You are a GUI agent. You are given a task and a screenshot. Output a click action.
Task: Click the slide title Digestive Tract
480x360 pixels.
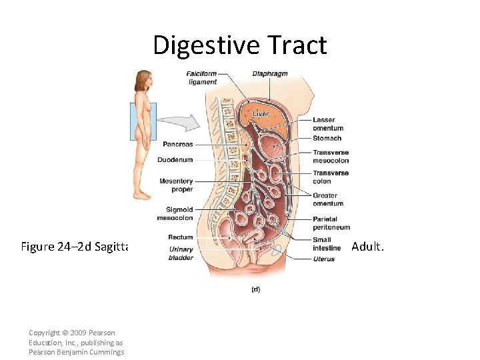[240, 45]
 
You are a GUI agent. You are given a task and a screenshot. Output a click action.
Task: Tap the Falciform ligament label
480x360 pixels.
[202, 78]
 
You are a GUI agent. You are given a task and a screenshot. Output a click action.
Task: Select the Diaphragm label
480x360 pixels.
[270, 73]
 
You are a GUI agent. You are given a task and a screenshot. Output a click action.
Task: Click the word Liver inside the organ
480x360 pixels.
[261, 114]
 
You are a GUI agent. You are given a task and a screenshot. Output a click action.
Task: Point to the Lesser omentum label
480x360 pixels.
[328, 124]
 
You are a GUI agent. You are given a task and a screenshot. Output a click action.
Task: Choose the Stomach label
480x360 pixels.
[327, 139]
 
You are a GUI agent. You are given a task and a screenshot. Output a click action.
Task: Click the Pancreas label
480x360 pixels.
[178, 144]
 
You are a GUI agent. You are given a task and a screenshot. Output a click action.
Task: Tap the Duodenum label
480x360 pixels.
[175, 160]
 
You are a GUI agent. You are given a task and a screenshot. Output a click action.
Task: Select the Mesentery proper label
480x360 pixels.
[176, 185]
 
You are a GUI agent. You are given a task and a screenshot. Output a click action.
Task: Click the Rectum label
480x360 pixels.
[181, 237]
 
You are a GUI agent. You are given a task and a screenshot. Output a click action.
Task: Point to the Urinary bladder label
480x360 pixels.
[181, 253]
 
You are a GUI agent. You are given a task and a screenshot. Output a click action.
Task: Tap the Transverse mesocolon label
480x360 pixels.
[331, 157]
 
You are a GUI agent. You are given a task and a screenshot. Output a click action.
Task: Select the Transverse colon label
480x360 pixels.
[331, 177]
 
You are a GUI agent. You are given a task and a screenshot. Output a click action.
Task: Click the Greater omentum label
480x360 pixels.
[328, 199]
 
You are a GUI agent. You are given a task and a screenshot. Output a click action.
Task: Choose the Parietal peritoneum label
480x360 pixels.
[331, 223]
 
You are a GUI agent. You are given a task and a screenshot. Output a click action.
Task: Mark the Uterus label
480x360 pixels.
[324, 259]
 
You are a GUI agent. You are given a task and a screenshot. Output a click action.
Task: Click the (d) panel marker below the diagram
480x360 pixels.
[255, 289]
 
